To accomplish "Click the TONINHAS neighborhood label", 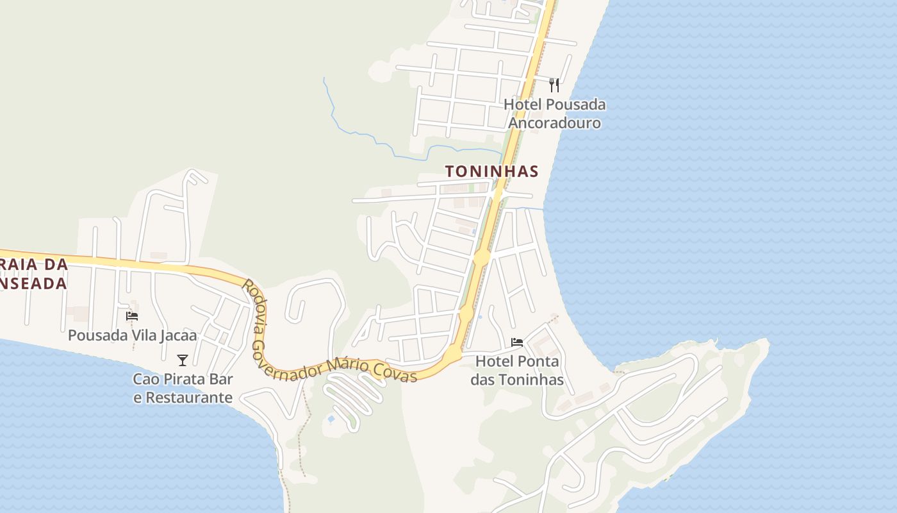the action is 491,171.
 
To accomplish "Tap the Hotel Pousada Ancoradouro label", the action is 554,114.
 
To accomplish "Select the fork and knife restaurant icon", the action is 554,85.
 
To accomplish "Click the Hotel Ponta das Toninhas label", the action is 517,371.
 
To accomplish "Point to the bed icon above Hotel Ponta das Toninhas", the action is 517,342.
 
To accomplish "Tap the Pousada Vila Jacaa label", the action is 132,335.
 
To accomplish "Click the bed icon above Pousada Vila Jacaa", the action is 132,315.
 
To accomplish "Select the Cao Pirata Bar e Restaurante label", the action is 183,388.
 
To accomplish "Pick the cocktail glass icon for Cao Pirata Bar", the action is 183,360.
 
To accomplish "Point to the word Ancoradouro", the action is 554,122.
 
